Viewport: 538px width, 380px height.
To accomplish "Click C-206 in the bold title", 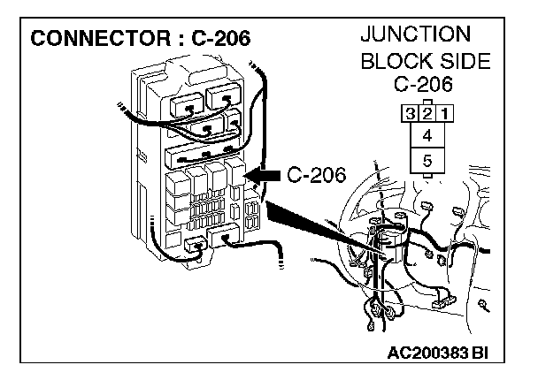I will click(214, 39).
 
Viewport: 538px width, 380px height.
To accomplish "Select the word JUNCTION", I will click(416, 36).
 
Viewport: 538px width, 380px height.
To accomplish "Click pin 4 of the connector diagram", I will click(427, 136).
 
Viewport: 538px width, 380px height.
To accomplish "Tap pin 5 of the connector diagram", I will click(427, 162).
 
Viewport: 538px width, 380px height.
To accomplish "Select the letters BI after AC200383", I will click(480, 353).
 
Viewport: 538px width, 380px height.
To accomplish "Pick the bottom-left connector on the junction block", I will click(194, 244).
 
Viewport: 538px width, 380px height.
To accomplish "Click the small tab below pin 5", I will click(427, 178).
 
